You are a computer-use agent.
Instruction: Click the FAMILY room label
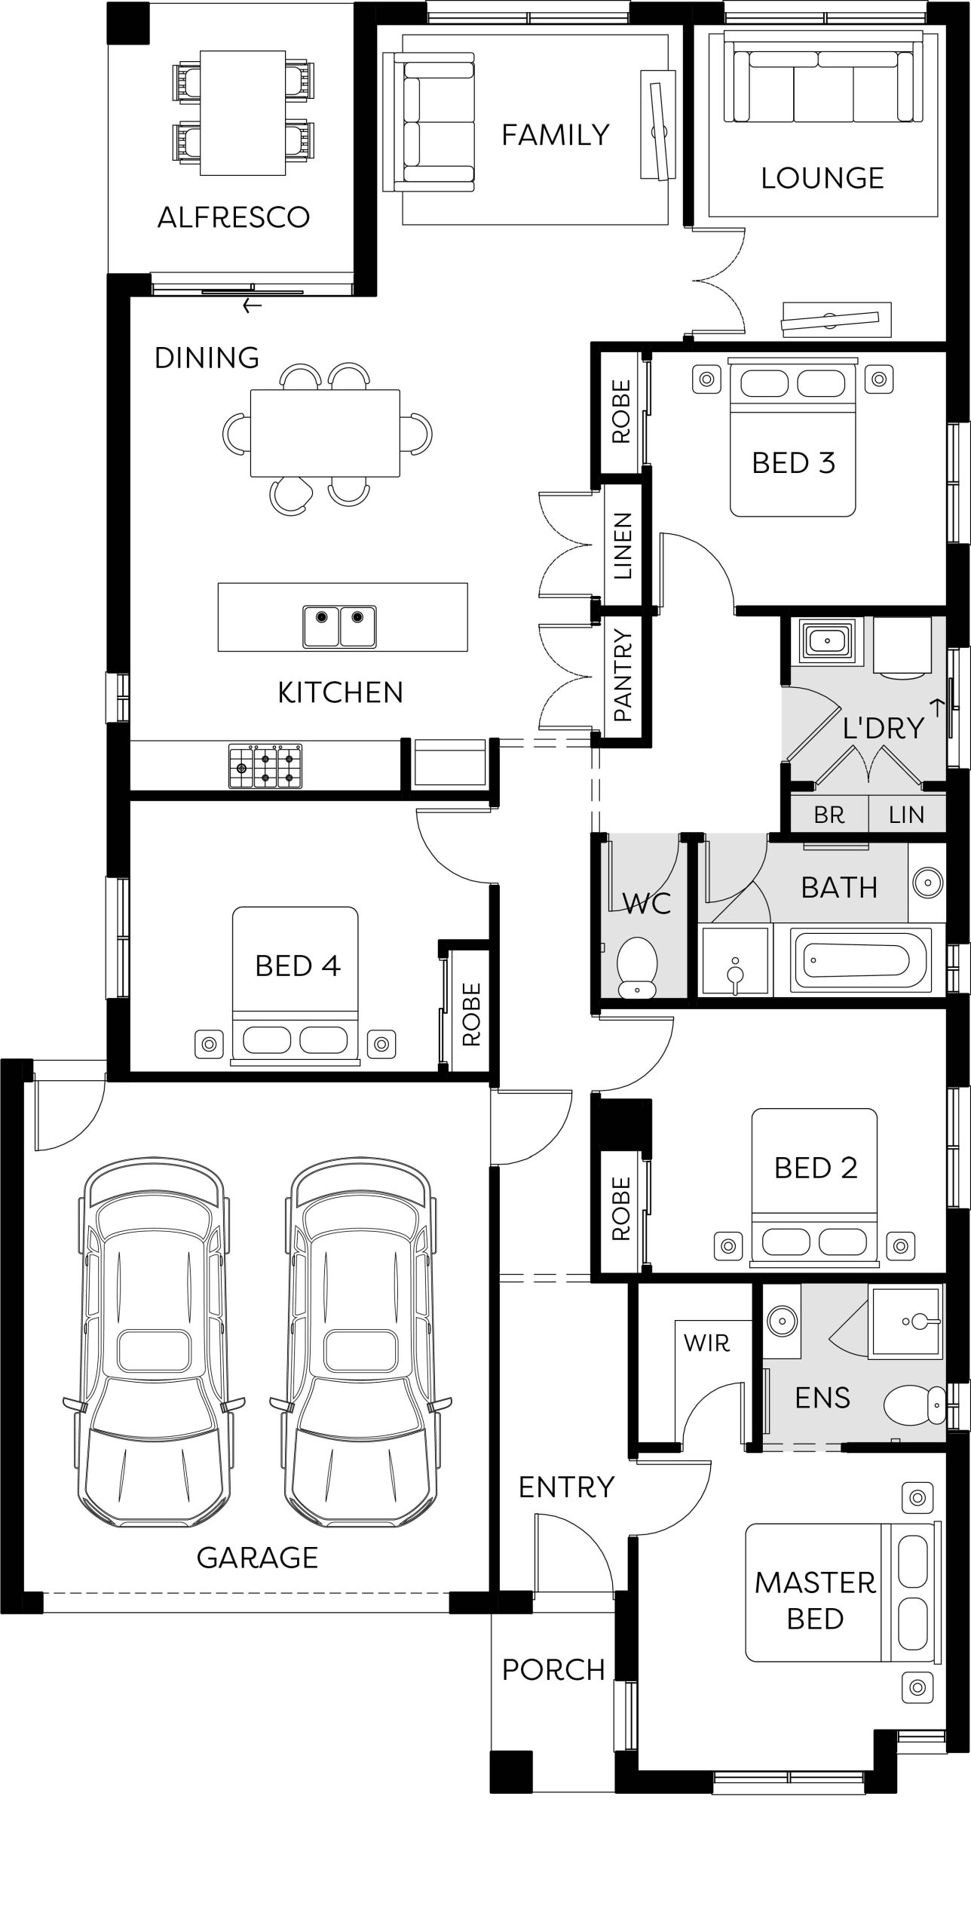click(x=556, y=135)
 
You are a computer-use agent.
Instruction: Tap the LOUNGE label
click(x=822, y=178)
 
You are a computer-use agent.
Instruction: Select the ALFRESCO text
click(x=234, y=217)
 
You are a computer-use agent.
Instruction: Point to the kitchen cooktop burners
click(x=266, y=766)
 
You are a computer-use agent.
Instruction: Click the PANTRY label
click(x=623, y=675)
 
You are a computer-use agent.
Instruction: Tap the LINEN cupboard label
click(x=623, y=545)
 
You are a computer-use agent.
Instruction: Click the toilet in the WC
click(x=637, y=967)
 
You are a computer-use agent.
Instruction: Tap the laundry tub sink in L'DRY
click(x=829, y=641)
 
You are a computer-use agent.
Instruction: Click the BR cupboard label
click(x=829, y=815)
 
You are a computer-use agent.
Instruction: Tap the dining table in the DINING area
click(x=325, y=433)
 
